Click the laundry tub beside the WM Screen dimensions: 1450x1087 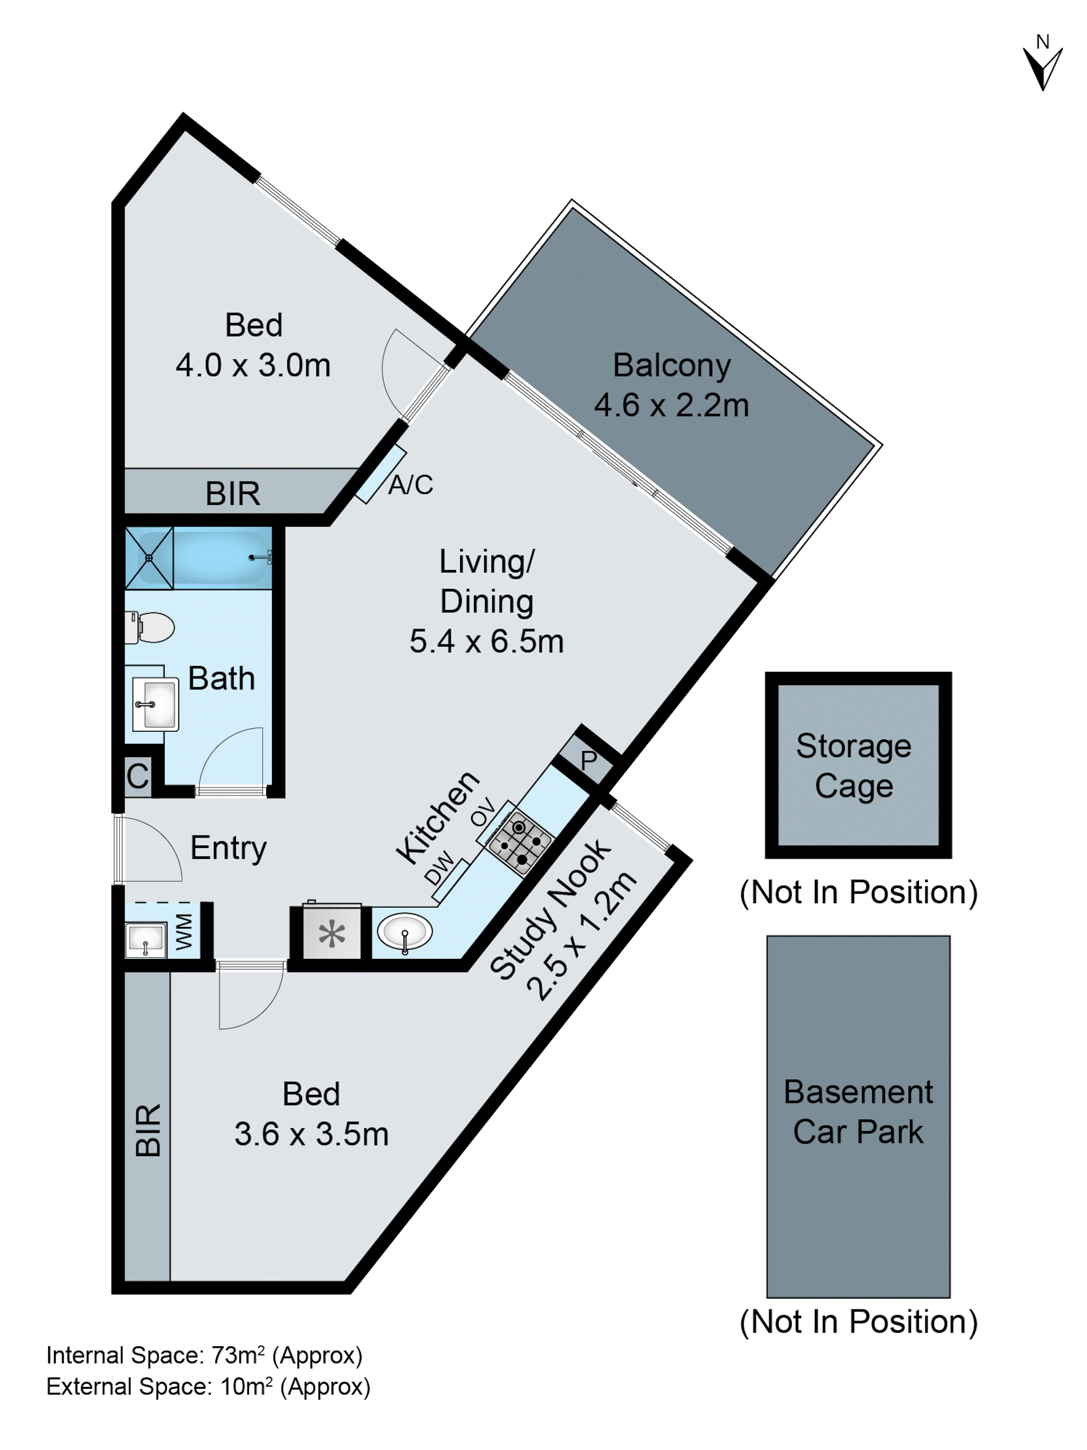click(x=145, y=939)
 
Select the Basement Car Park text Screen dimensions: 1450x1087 click(x=858, y=1112)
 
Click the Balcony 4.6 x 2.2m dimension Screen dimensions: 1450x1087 click(x=671, y=405)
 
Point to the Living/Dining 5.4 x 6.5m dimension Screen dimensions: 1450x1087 click(x=486, y=641)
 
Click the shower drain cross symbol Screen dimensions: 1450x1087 click(x=149, y=558)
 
